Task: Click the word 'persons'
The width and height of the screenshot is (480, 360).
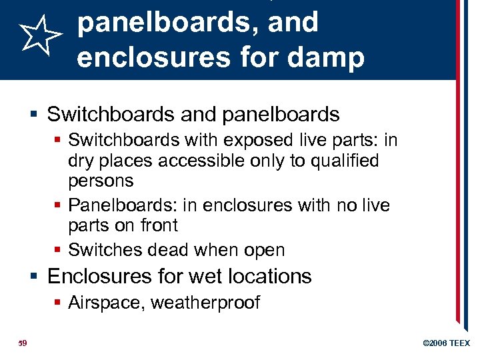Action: tap(101, 181)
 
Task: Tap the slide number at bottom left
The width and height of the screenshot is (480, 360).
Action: tap(21, 343)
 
